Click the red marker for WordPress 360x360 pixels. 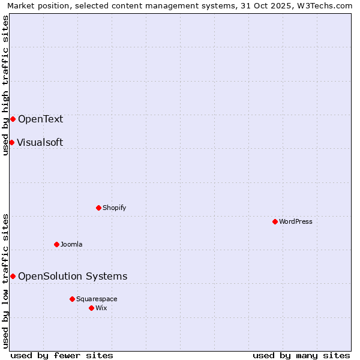click(275, 221)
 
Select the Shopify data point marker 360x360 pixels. click(98, 208)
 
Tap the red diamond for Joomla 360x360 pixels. click(56, 244)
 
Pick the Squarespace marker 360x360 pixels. click(72, 299)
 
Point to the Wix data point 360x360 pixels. click(91, 308)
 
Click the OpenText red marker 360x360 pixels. click(13, 119)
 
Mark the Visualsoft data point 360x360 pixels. click(11, 142)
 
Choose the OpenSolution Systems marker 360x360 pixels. click(13, 276)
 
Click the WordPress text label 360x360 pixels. click(296, 221)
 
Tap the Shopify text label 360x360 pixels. click(114, 208)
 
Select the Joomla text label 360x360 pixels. click(71, 244)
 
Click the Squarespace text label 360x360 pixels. click(97, 299)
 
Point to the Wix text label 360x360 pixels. click(101, 308)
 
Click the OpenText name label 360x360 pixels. click(40, 119)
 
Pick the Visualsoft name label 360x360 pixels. click(40, 142)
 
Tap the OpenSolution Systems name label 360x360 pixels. click(73, 276)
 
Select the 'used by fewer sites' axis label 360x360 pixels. click(62, 355)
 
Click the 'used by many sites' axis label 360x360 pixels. click(301, 355)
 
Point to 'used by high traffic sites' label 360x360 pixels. click(6, 85)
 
